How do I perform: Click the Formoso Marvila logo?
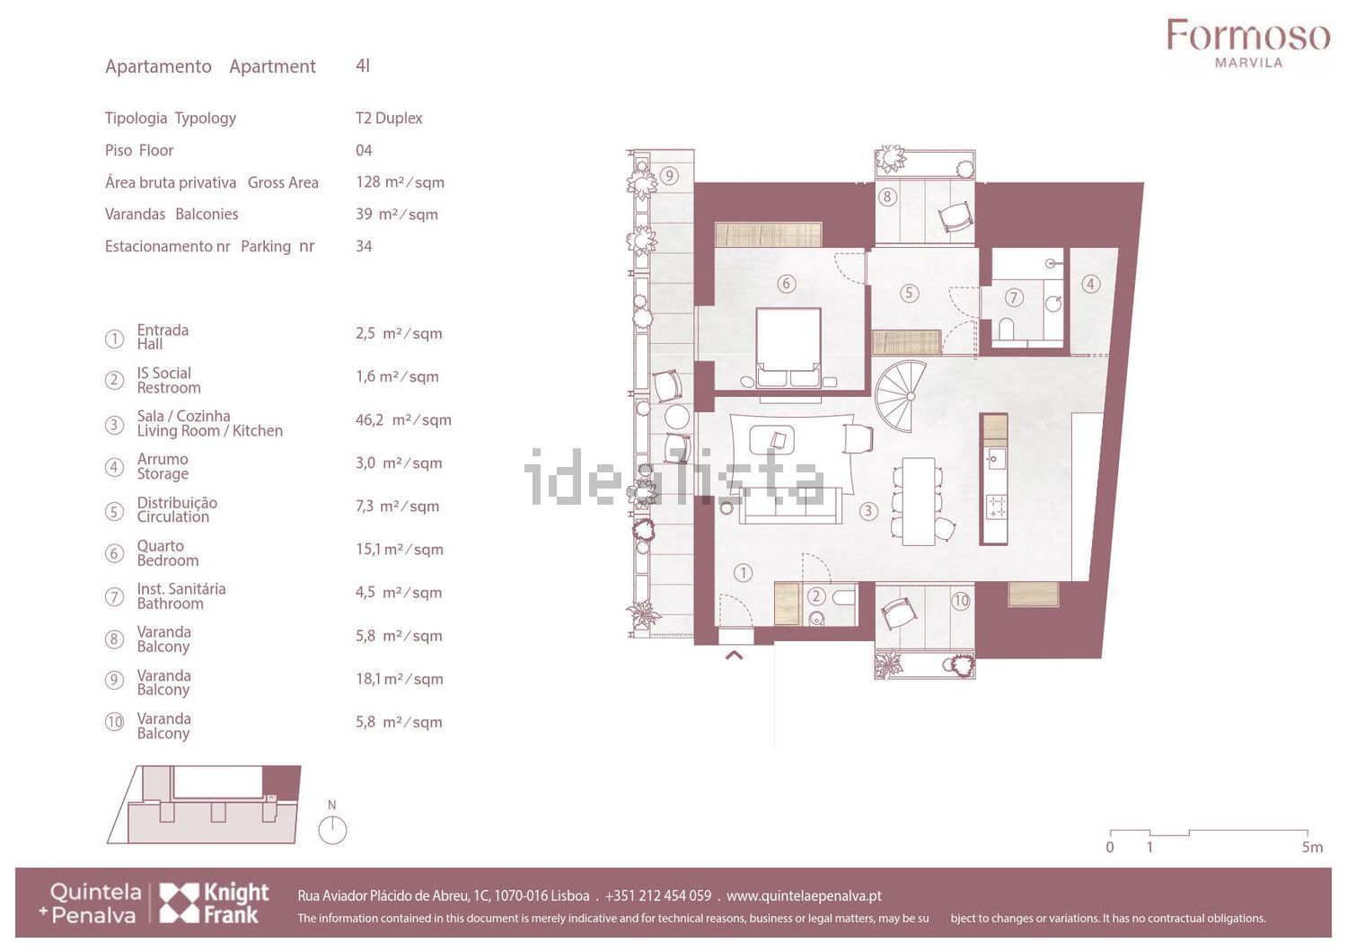click(x=1248, y=43)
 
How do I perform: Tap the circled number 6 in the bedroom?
click(x=786, y=283)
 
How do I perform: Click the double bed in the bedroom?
click(x=788, y=348)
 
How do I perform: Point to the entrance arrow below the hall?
click(x=734, y=656)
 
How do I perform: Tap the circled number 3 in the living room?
click(x=867, y=511)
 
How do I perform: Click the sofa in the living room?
click(x=790, y=506)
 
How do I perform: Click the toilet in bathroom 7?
click(x=1006, y=329)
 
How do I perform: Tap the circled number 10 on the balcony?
click(x=961, y=600)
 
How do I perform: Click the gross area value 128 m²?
click(x=400, y=182)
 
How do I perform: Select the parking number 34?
click(x=364, y=246)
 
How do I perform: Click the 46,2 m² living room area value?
click(x=403, y=419)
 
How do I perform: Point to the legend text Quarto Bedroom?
click(x=168, y=553)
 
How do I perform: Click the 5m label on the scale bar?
click(x=1313, y=847)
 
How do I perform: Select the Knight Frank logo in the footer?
click(x=214, y=903)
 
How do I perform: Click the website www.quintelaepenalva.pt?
click(x=804, y=896)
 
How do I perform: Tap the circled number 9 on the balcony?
click(x=669, y=176)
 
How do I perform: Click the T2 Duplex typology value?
click(x=389, y=118)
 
